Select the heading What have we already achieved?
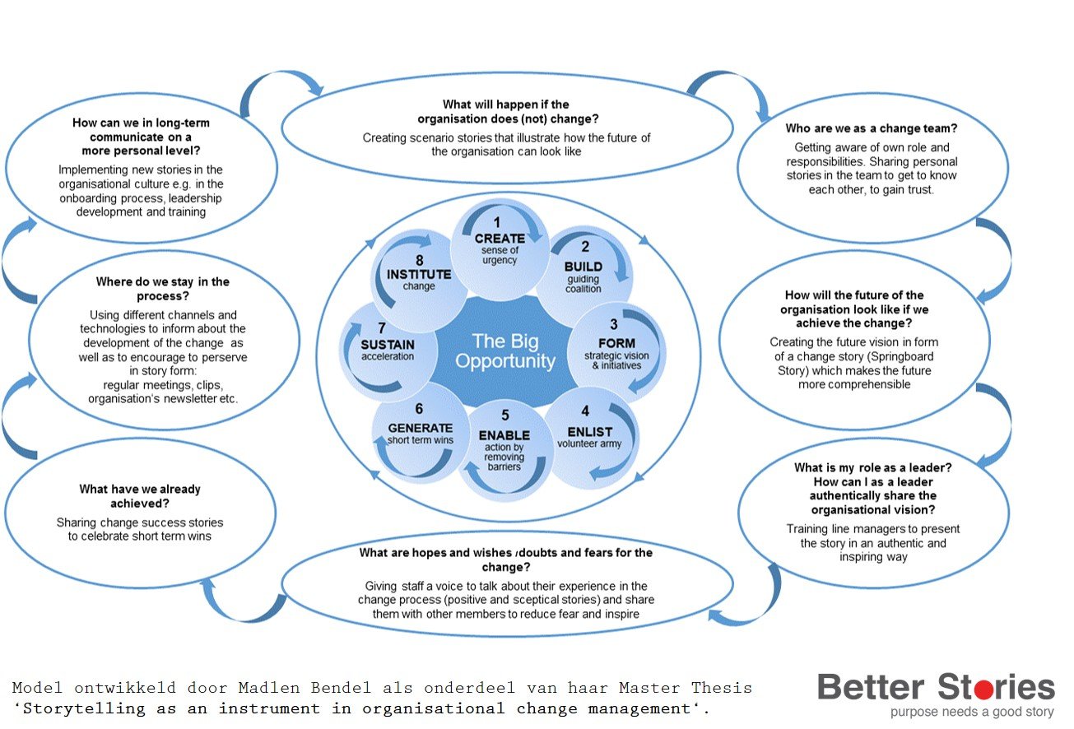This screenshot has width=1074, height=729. (x=140, y=496)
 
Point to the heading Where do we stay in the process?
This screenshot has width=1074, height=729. (x=163, y=288)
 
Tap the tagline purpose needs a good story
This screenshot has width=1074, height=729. (x=971, y=713)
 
